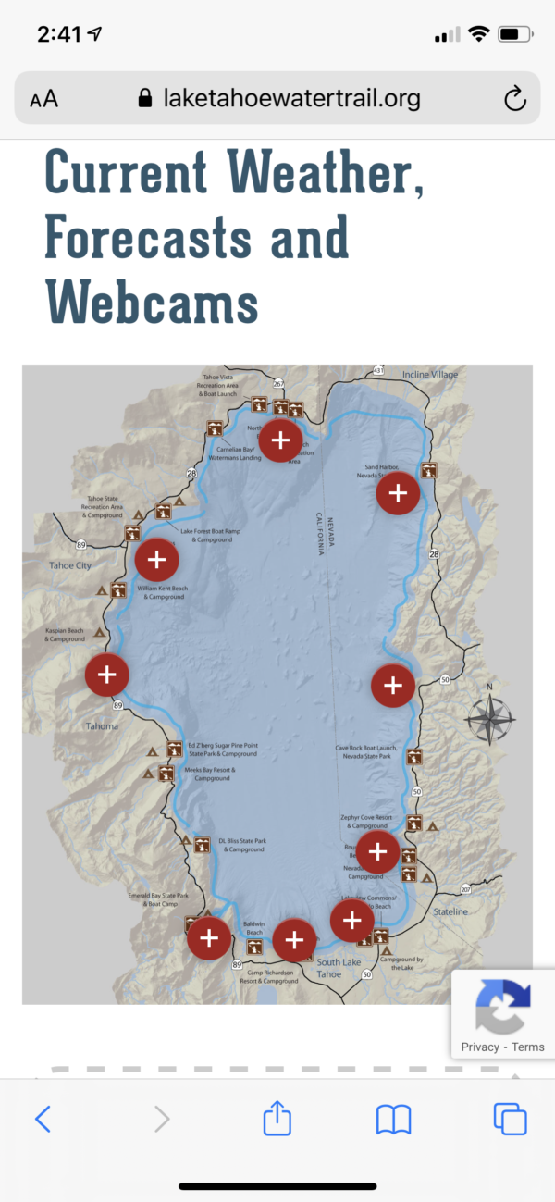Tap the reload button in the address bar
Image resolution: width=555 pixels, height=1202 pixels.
pos(514,98)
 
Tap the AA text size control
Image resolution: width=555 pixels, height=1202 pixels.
pos(43,99)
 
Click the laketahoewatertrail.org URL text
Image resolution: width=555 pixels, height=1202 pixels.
pos(290,98)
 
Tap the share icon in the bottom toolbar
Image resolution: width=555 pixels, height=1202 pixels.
pos(277,1120)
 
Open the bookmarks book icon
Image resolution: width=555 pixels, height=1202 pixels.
pos(393,1120)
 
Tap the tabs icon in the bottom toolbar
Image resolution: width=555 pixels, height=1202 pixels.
pos(510,1120)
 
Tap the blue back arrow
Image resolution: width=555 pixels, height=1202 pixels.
pos(43,1120)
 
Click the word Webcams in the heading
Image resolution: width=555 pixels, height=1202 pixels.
pos(152,301)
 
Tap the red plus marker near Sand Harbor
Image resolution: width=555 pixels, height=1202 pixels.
pos(398,493)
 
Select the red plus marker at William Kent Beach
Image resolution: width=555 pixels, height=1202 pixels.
pos(156,559)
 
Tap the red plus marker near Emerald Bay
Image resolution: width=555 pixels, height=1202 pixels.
pos(209,938)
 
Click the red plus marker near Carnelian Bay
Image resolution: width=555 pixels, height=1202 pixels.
pos(280,439)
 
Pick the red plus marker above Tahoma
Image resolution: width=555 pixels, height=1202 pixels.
pos(106,674)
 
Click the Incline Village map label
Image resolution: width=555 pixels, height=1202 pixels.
pos(429,375)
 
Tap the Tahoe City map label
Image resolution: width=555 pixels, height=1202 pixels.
pos(70,565)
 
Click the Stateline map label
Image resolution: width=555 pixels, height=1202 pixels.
pos(450,911)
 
